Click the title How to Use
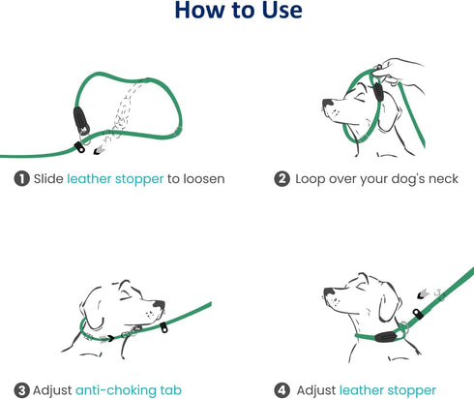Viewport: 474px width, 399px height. pos(238,13)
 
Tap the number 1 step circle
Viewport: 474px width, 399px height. pos(20,178)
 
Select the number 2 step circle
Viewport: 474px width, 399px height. pos(281,178)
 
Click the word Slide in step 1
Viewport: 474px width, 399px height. pos(48,178)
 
